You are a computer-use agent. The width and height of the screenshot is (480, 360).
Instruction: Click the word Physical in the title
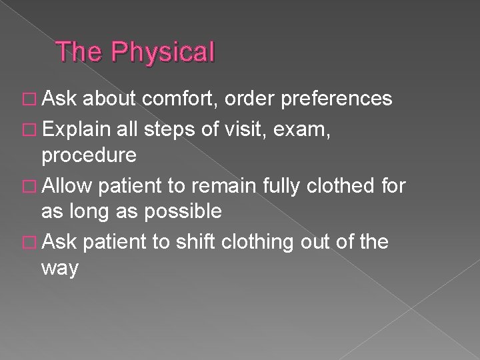163,52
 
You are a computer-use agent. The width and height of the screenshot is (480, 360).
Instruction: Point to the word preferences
337,99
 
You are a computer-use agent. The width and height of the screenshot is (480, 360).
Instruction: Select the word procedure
89,156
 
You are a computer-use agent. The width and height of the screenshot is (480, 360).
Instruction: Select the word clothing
257,241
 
